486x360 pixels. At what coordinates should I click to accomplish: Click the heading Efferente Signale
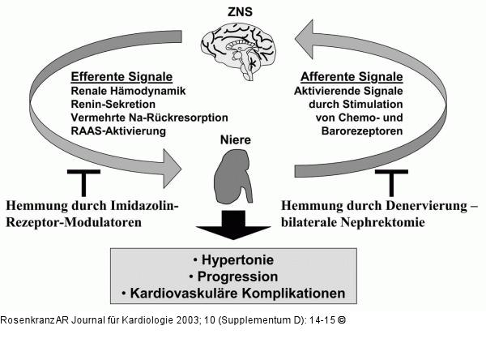coord(119,78)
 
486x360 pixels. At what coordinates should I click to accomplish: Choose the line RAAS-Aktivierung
coord(117,131)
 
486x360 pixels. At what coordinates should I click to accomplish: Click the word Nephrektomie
coord(382,221)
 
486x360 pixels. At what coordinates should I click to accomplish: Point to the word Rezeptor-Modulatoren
coord(74,221)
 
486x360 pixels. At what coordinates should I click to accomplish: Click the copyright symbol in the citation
coord(342,319)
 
